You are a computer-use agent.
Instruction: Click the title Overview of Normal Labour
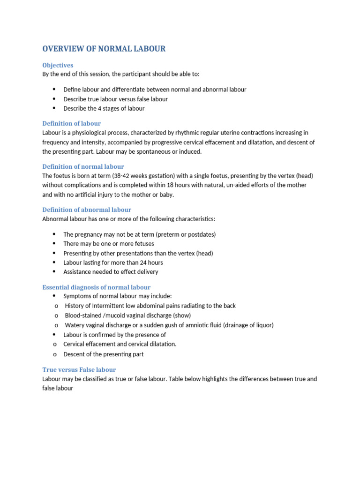[x=104, y=49]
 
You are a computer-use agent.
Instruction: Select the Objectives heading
[x=58, y=65]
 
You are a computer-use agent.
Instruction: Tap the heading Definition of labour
[x=71, y=123]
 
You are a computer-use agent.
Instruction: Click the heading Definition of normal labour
[x=83, y=166]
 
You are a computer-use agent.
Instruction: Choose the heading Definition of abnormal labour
[x=87, y=210]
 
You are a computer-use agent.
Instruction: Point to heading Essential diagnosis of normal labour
[x=96, y=287]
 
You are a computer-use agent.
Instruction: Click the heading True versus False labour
[x=79, y=369]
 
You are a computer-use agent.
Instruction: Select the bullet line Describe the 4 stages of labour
[x=104, y=108]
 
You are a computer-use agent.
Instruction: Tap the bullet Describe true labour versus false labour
[x=115, y=99]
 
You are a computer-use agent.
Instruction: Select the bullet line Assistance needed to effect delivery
[x=111, y=272]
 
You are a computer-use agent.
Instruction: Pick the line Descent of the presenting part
[x=103, y=354]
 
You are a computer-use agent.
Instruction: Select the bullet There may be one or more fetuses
[x=108, y=244]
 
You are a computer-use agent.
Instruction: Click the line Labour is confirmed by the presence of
[x=114, y=335]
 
